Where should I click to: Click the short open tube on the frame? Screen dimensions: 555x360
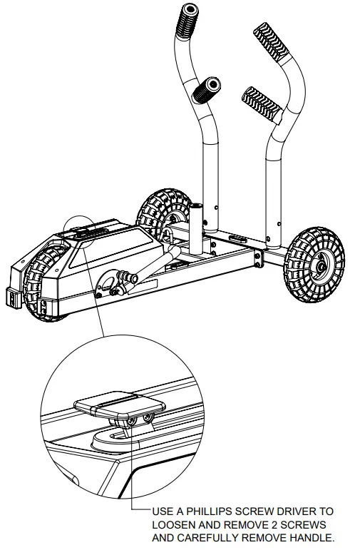pos(197,228)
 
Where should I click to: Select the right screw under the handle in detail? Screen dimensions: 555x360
pos(149,416)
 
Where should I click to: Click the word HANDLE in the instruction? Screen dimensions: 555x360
pos(312,537)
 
